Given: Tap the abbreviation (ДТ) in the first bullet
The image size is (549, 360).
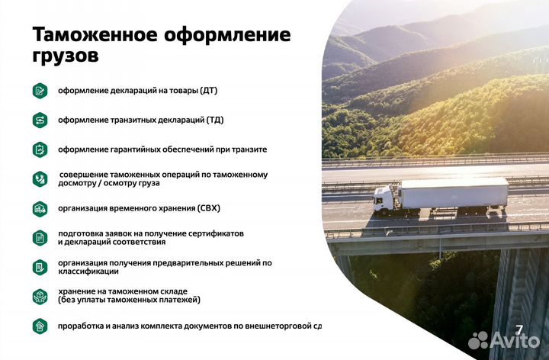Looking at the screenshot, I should tap(209, 91).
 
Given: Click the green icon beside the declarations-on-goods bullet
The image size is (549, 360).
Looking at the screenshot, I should tap(40, 91).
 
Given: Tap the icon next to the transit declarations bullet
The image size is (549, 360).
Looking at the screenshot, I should tap(40, 120).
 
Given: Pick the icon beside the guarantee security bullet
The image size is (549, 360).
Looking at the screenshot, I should tap(40, 149).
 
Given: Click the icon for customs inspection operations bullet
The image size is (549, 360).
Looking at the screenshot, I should tap(40, 178).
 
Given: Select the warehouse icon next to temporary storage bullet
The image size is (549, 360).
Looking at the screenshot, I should tap(40, 208).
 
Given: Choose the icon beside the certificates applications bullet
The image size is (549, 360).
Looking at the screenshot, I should tap(40, 237).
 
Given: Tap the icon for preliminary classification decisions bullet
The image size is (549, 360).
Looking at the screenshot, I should tap(40, 267).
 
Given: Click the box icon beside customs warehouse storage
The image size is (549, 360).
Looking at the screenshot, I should tap(40, 296).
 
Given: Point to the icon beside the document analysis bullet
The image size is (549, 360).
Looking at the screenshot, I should tap(40, 326).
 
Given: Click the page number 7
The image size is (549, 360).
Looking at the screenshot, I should tap(519, 329).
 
